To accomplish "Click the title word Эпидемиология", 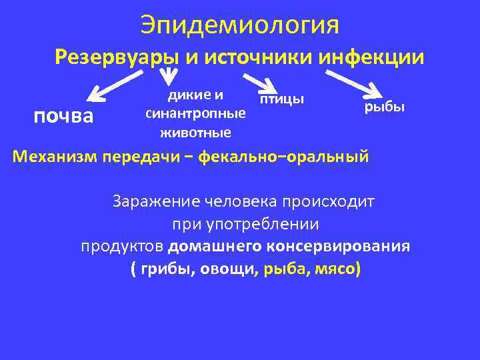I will click(x=240, y=25).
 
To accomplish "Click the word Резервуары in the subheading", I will click(x=114, y=58).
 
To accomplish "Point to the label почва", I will click(x=63, y=117).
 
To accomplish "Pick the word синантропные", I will click(x=195, y=113).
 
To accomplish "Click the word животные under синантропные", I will click(x=195, y=132).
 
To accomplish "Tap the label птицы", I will click(x=281, y=99).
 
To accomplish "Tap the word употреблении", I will click(x=266, y=223).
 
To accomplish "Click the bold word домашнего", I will click(x=215, y=247).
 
